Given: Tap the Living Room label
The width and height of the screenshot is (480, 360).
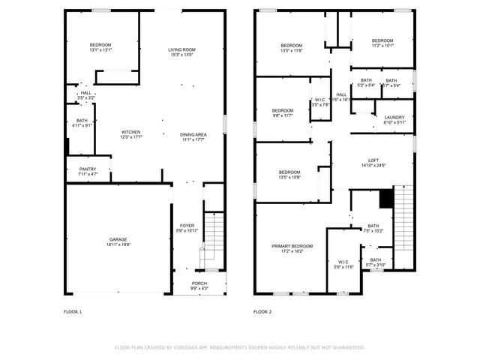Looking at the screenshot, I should point(181,50).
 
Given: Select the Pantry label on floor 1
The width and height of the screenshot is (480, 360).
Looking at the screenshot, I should point(88,169).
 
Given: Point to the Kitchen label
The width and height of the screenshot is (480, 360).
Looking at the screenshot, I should point(132,132).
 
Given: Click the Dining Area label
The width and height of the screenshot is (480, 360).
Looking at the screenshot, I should point(193,134).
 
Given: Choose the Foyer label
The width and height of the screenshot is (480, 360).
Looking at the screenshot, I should point(187,226).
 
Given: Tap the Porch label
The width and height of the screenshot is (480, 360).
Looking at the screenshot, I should point(184,283).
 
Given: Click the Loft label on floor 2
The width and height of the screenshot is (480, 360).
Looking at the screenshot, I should point(373,160).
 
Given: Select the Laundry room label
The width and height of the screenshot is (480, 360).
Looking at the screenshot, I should point(394,118).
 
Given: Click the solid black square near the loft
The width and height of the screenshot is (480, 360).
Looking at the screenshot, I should point(386,198).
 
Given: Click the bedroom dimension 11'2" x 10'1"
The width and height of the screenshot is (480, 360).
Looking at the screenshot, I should point(382,46).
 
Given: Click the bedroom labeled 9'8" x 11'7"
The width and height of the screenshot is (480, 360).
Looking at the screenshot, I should point(283,115).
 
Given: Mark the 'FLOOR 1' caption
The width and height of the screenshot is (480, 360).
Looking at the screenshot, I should point(73,311).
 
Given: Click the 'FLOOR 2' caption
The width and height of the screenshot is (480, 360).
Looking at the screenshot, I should point(262,311).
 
